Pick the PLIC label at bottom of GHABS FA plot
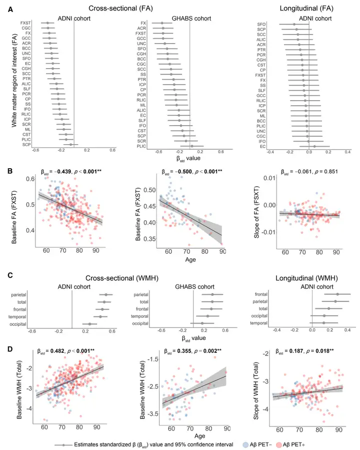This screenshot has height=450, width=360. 142,146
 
